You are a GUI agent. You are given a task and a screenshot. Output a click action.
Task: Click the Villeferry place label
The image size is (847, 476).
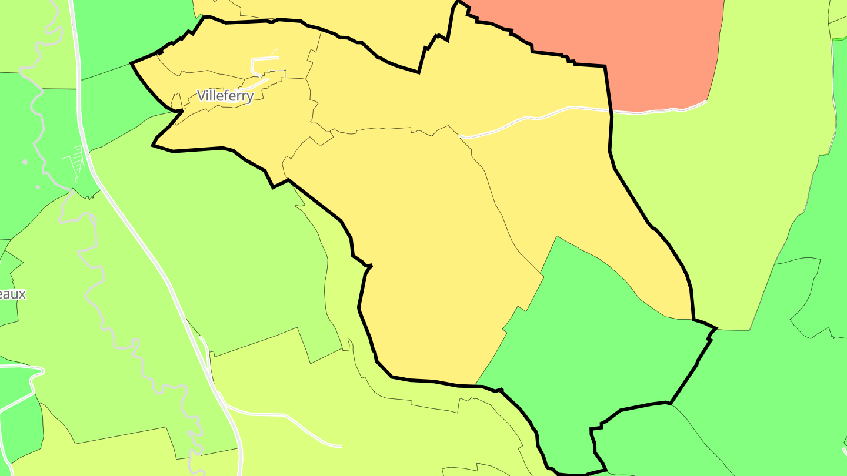click(225, 96)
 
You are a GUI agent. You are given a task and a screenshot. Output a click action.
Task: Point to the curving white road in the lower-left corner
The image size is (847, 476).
click(24, 388)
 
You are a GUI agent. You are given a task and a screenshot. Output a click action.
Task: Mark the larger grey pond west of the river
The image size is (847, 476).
click(25, 162)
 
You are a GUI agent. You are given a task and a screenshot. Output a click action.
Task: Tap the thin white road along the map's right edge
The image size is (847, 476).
click(833, 88)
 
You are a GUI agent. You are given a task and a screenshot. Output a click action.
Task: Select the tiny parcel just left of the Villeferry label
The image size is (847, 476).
click(176, 101)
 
